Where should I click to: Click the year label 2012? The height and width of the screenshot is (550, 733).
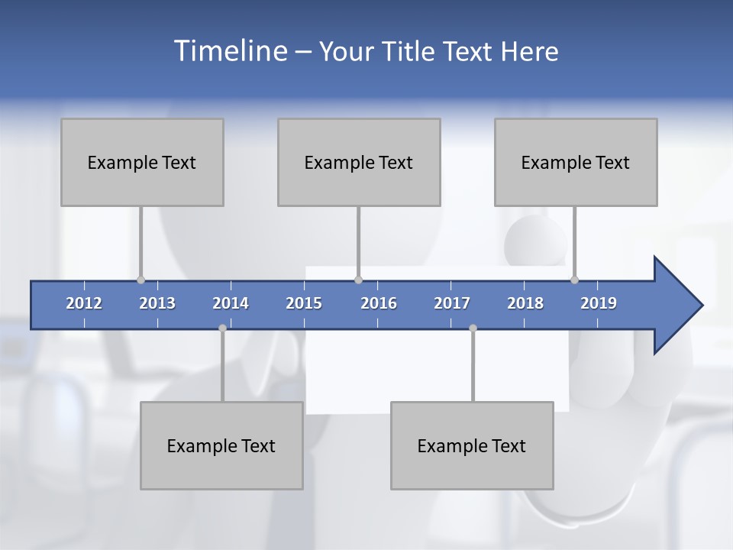pos(84,303)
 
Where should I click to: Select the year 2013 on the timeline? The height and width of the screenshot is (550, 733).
pos(157,303)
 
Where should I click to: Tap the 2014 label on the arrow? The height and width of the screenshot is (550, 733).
pos(231,303)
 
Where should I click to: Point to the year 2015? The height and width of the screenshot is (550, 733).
pos(304,303)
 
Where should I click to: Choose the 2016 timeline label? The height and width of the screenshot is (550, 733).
pos(379,303)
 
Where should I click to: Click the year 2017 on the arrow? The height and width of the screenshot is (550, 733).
pos(452,303)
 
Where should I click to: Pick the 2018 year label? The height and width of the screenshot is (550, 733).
pos(525,303)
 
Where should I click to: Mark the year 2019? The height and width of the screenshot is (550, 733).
pos(599,303)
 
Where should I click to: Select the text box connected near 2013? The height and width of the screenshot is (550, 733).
pos(142,162)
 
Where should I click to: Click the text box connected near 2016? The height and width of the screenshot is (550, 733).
pos(359,162)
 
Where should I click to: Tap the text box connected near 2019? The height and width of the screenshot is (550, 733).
pos(576,162)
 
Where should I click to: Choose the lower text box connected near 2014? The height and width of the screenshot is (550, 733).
pos(221,445)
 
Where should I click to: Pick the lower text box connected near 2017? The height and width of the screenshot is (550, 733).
pos(472,445)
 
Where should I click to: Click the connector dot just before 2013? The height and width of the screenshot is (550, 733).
pos(140,280)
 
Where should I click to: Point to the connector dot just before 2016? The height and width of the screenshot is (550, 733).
pos(358,280)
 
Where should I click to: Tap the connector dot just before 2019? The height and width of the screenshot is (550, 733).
pos(575,280)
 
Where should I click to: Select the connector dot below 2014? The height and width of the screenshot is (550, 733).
pos(222,328)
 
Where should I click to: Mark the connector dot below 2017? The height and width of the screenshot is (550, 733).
pos(473,328)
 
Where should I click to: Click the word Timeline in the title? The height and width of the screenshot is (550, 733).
pos(229,50)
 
